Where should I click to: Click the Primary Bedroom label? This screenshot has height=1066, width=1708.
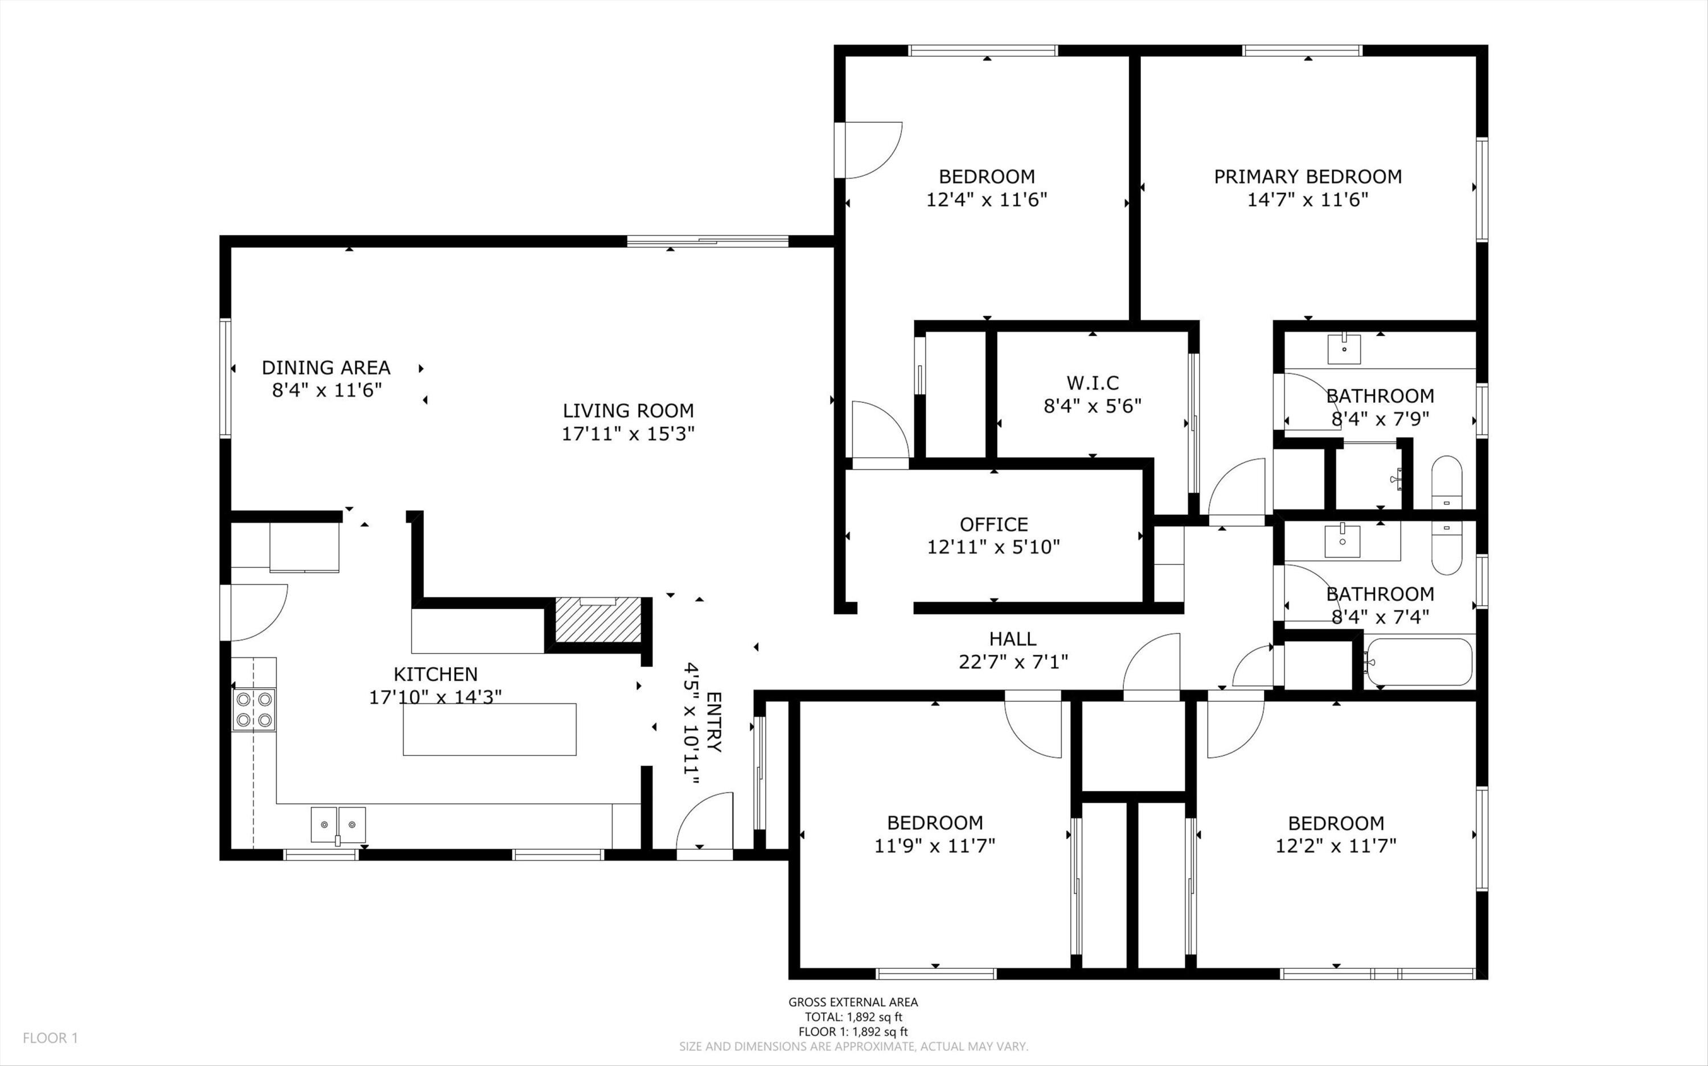(1307, 176)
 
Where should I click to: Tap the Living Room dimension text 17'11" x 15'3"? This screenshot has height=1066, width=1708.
(628, 433)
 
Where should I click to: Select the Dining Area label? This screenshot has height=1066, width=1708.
(326, 367)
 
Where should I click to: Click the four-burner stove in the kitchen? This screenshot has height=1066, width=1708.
(254, 709)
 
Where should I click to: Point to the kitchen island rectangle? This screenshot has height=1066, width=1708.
(490, 729)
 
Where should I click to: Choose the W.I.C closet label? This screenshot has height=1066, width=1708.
(1092, 383)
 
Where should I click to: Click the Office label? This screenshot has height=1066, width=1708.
(993, 524)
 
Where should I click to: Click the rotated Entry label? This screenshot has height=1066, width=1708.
(713, 722)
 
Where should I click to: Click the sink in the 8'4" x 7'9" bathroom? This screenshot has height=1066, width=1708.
(1345, 349)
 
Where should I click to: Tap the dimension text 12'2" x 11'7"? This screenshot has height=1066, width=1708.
(1336, 845)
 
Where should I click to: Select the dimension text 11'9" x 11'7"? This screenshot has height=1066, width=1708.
(935, 845)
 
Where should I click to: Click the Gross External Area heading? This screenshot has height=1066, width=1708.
(853, 1002)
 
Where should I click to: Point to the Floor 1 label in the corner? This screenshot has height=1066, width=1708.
(50, 1038)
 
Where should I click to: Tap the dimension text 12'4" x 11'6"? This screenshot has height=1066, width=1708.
(986, 200)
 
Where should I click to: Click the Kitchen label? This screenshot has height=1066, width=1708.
(436, 674)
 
